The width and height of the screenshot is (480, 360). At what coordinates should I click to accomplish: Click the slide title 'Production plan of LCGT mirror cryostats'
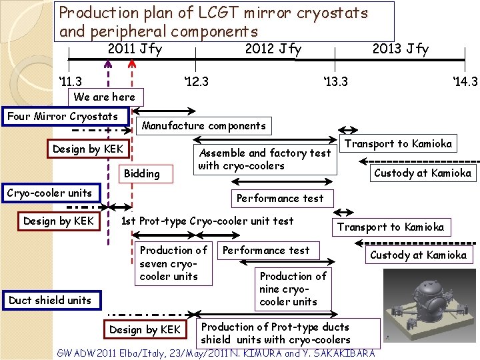[213, 13]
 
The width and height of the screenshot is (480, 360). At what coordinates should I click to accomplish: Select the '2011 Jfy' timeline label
[135, 49]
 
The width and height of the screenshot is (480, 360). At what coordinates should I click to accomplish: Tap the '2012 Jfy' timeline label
[273, 49]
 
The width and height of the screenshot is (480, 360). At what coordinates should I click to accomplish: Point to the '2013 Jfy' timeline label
[400, 49]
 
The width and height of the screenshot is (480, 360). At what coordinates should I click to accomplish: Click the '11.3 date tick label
[69, 81]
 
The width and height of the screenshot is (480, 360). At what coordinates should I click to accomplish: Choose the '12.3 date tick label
[196, 81]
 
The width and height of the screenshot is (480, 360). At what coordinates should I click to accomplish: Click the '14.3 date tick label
[465, 81]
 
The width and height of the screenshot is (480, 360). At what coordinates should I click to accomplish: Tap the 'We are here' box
[104, 97]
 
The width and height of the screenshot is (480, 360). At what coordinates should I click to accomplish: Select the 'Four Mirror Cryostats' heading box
[62, 116]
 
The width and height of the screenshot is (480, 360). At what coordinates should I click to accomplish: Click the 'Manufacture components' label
[204, 125]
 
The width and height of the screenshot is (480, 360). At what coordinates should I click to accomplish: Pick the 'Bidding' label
[142, 173]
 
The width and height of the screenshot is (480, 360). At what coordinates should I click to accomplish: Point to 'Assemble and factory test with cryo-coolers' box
[265, 159]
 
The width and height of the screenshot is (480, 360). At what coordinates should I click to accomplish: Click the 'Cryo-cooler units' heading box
[49, 193]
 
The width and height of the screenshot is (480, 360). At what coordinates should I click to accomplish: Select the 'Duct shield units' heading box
[50, 300]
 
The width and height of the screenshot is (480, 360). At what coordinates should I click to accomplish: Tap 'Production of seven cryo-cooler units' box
[173, 263]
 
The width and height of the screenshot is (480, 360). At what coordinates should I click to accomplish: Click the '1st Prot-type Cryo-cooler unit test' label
[207, 221]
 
